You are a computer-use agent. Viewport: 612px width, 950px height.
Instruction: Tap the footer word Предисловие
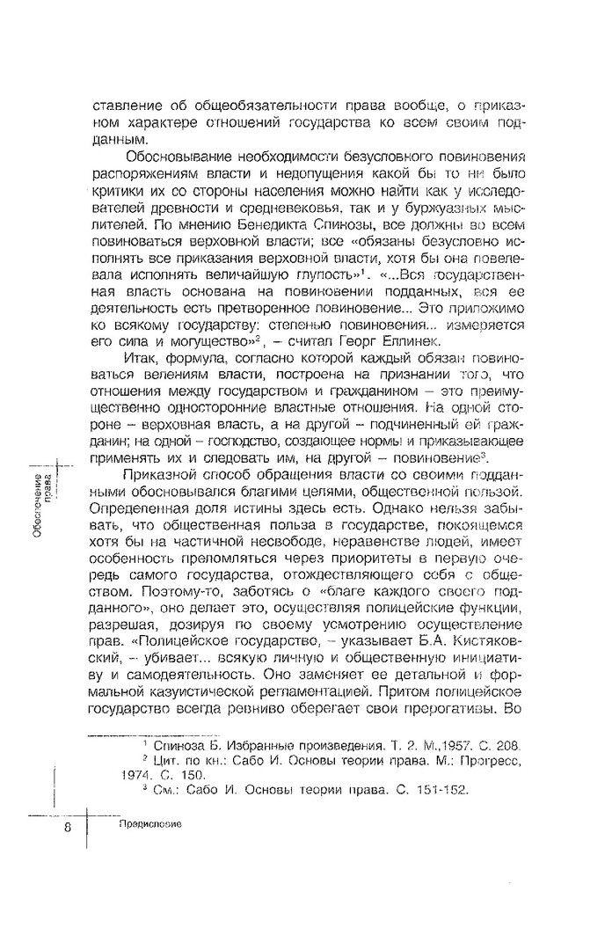point(149,827)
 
